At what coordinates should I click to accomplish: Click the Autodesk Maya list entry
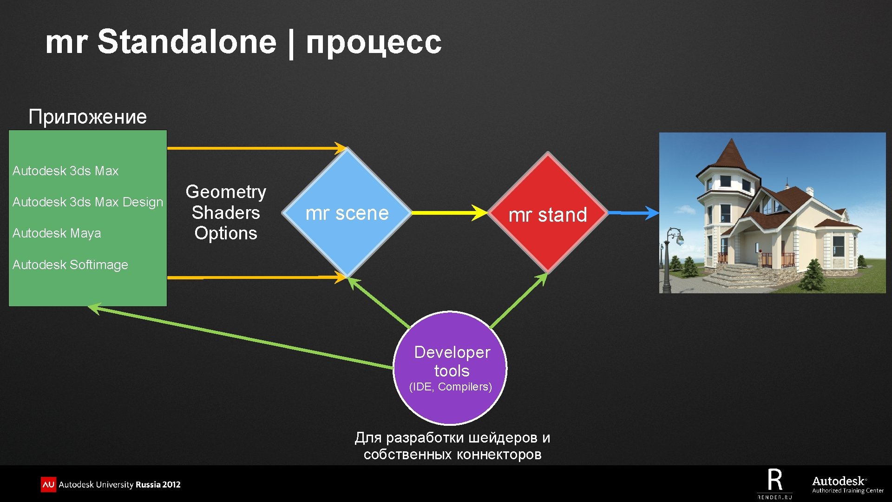click(57, 233)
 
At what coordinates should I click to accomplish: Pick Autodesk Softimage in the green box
click(70, 264)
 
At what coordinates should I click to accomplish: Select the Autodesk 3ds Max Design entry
click(88, 202)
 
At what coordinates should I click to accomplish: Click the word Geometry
click(226, 192)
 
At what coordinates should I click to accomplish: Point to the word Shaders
click(226, 212)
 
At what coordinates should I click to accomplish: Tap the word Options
click(226, 233)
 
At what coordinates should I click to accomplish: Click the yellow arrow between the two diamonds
click(448, 212)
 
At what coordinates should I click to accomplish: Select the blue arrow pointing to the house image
click(633, 212)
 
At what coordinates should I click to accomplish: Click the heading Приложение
click(87, 116)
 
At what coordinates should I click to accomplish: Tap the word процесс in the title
click(374, 42)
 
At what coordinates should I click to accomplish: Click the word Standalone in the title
click(187, 42)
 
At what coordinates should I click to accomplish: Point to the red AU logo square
click(48, 484)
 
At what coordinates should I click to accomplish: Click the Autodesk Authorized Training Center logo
click(847, 484)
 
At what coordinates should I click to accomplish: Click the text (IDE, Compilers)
click(450, 387)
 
